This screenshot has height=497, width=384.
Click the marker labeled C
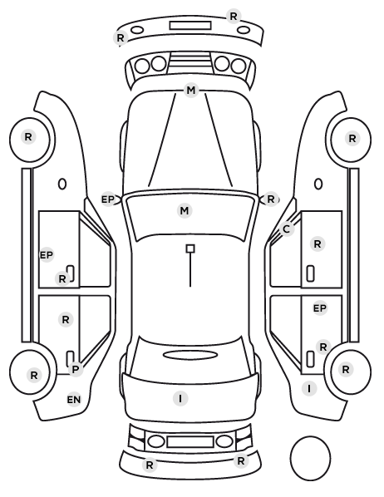click(286, 229)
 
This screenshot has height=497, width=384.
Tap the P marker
click(76, 369)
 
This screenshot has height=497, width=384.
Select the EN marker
click(74, 400)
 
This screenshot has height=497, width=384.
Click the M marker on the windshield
click(185, 211)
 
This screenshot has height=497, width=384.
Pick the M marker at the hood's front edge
click(191, 91)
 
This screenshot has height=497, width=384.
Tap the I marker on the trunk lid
click(180, 398)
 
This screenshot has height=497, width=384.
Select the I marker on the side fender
click(309, 388)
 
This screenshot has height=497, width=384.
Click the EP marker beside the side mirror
click(108, 199)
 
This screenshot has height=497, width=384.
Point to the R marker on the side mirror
click(270, 199)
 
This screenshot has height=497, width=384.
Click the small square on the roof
click(190, 248)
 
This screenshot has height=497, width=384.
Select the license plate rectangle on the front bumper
click(190, 26)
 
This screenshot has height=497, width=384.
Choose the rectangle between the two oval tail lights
click(190, 441)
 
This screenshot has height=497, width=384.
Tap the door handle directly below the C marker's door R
click(311, 273)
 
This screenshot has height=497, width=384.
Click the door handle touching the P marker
click(71, 357)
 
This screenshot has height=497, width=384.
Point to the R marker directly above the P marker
click(66, 319)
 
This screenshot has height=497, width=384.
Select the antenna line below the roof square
click(190, 270)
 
